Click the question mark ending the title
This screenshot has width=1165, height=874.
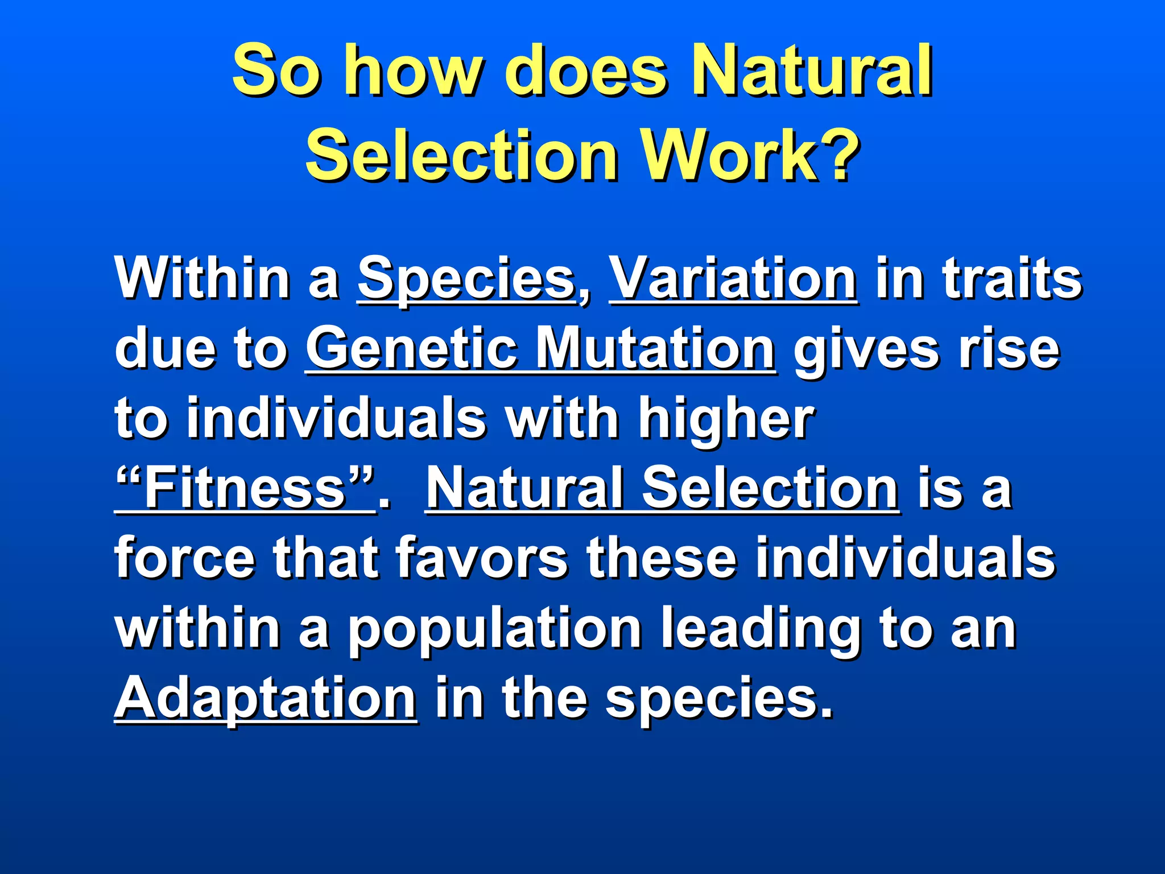pos(837,155)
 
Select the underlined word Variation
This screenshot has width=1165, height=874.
pos(733,279)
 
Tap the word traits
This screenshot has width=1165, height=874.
pos(1012,279)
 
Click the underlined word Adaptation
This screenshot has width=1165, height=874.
pos(266,699)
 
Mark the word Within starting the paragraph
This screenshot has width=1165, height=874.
pos(202,279)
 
